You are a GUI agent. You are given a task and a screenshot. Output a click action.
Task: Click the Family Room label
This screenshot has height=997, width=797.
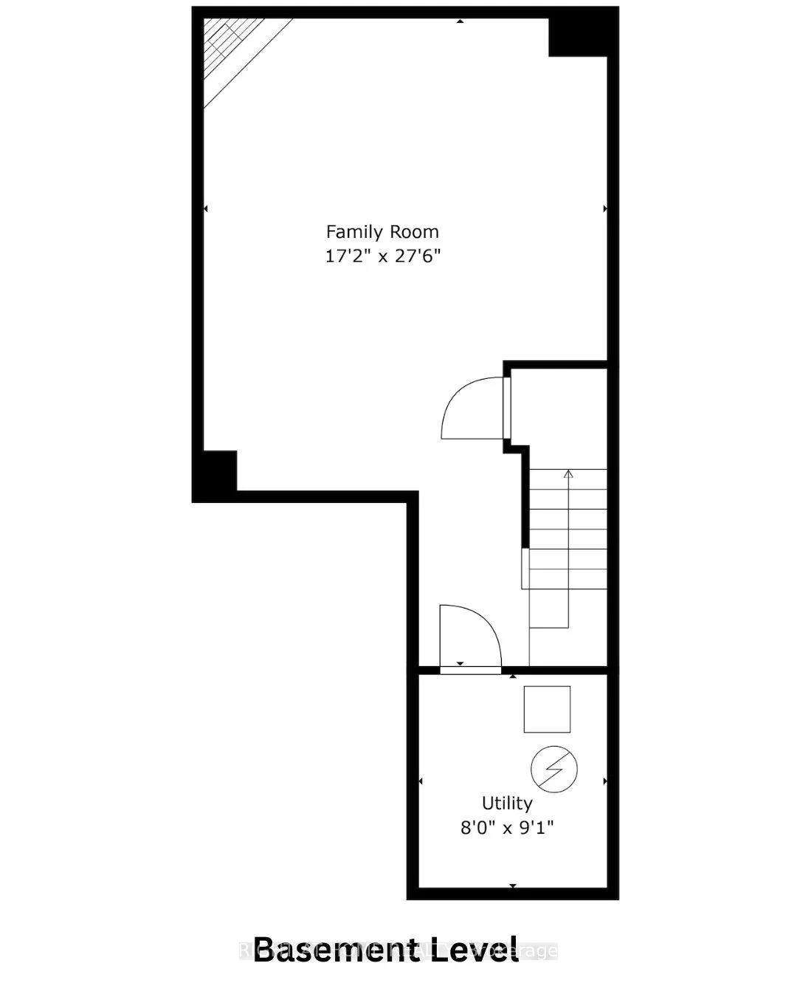(382, 232)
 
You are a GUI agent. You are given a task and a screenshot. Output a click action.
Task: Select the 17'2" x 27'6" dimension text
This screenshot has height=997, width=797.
(382, 257)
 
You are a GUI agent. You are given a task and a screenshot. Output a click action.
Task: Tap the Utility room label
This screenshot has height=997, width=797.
(507, 803)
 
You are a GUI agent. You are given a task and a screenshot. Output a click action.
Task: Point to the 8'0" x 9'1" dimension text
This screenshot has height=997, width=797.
(507, 828)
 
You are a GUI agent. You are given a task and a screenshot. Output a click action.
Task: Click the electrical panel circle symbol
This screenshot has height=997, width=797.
(553, 769)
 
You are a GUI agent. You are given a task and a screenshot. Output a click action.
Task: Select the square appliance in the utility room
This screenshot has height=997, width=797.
(547, 709)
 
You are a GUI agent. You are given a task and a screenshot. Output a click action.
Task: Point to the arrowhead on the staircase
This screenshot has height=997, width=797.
(568, 473)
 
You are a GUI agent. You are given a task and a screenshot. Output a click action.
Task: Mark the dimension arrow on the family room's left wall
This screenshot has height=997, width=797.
(206, 209)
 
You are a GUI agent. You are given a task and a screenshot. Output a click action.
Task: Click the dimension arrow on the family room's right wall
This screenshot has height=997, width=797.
(605, 209)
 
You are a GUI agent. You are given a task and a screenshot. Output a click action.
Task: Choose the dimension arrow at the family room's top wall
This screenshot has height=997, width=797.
(460, 21)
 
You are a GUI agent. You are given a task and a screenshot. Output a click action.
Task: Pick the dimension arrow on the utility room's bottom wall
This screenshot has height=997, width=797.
(513, 885)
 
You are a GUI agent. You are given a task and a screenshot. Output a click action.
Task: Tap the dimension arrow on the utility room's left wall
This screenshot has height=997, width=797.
(421, 781)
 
